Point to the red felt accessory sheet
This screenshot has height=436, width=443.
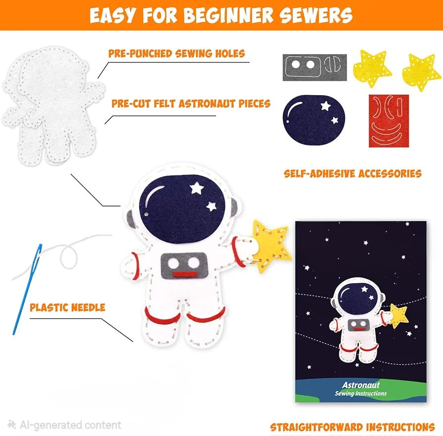(x=388, y=121)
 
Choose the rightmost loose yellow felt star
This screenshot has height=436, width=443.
(x=422, y=72)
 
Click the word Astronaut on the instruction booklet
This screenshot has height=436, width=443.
(x=360, y=384)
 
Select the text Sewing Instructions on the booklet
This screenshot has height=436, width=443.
(x=360, y=393)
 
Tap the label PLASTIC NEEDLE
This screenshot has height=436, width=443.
(x=67, y=307)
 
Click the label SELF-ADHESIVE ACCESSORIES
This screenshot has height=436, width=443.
(x=352, y=174)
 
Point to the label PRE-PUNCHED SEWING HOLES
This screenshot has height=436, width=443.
(x=176, y=54)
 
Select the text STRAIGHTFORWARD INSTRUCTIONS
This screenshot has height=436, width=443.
(x=352, y=427)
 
